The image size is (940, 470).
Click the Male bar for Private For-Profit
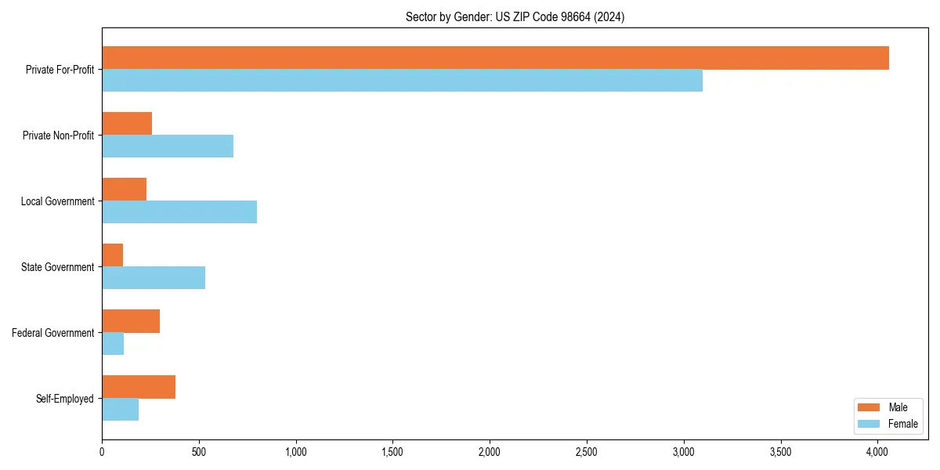[495, 58]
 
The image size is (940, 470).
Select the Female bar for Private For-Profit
[402, 81]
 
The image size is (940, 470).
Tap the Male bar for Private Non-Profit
[127, 124]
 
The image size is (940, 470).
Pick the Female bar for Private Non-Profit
[168, 146]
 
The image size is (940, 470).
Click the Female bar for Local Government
[179, 212]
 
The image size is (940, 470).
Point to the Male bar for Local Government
[125, 190]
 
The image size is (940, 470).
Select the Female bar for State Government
[154, 278]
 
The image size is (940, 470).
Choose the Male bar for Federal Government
[131, 321]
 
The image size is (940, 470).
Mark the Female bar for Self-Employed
[121, 410]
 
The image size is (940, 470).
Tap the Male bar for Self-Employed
[139, 387]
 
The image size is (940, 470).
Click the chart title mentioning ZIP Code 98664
[515, 16]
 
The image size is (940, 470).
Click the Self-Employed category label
[65, 399]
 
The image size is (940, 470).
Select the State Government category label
[57, 267]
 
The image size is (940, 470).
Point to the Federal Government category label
[53, 333]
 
